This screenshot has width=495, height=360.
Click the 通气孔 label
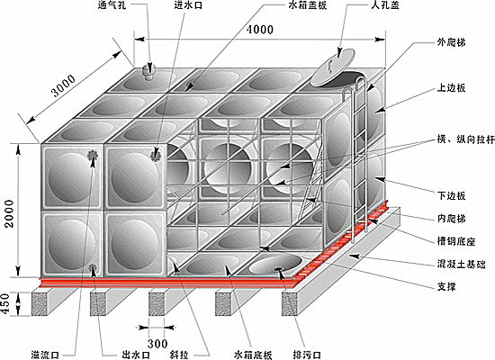112,5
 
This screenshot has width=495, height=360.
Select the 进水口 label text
188,5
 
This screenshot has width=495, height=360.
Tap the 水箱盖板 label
308,5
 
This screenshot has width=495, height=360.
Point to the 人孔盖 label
385,5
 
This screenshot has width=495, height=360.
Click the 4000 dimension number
260,30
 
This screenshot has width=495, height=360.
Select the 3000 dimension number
64,85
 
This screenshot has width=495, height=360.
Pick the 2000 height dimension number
10,214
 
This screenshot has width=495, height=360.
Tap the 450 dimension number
5,304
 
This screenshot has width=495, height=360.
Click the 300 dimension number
157,344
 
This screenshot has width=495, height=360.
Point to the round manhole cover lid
332,67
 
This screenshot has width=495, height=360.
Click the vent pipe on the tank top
148,72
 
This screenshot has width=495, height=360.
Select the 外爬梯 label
452,42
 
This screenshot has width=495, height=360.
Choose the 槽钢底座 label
456,241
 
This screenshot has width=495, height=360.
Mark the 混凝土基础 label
461,264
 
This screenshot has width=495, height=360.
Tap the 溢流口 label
45,355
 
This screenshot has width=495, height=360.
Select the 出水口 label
136,355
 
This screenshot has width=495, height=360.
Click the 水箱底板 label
253,355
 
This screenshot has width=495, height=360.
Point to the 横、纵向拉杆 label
465,139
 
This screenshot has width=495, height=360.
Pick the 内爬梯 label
452,219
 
